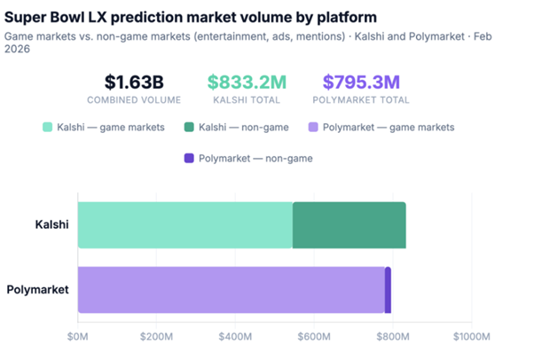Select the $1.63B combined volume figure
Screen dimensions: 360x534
coord(134,82)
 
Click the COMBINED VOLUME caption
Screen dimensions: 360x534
coord(134,101)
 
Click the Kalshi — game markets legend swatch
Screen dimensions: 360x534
coord(48,128)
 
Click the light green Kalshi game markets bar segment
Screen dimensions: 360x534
coord(185,225)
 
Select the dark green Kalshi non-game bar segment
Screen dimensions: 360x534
coord(349,225)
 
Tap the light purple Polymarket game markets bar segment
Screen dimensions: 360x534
coord(231,290)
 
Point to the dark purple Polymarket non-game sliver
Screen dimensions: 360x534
coord(388,290)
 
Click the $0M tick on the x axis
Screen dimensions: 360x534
coord(78,337)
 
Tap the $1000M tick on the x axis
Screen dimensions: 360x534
coord(469,337)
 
